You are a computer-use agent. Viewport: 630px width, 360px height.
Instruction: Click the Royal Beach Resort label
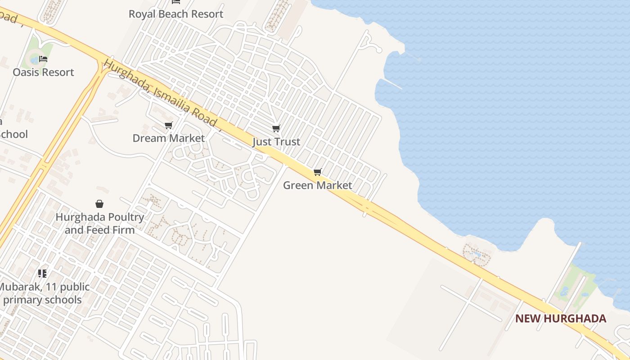pyautogui.click(x=176, y=14)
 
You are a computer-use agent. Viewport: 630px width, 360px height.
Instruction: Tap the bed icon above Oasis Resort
pyautogui.click(x=43, y=59)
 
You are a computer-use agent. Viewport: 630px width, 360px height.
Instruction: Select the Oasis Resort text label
pyautogui.click(x=43, y=72)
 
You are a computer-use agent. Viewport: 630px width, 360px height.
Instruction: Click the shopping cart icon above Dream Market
pyautogui.click(x=169, y=125)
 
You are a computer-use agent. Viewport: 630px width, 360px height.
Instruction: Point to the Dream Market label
pyautogui.click(x=169, y=138)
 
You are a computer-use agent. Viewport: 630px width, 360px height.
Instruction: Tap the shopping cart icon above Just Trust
pyautogui.click(x=276, y=129)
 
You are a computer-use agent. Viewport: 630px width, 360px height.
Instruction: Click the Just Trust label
pyautogui.click(x=276, y=142)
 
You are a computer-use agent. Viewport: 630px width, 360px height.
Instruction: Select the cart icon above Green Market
pyautogui.click(x=318, y=172)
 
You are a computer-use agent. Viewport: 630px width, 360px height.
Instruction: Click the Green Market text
pyautogui.click(x=318, y=185)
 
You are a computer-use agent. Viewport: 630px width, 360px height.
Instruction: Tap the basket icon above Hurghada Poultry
pyautogui.click(x=99, y=204)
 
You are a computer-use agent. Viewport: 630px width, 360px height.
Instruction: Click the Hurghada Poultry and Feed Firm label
pyautogui.click(x=99, y=223)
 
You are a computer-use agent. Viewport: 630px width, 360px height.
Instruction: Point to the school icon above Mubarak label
pyautogui.click(x=42, y=273)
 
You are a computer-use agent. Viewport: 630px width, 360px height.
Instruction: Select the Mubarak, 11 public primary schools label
pyautogui.click(x=43, y=293)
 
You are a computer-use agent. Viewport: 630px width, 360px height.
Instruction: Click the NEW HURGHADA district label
pyautogui.click(x=561, y=319)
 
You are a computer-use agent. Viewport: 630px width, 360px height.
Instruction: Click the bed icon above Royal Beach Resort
pyautogui.click(x=176, y=2)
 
